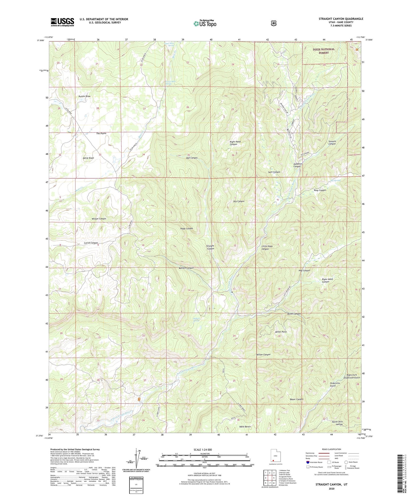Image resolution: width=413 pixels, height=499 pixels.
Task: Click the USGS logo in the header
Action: click(62, 22)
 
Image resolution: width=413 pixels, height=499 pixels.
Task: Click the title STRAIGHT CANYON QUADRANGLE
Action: click(341, 19)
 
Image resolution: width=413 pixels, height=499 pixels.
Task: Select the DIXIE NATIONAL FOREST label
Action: click(323, 51)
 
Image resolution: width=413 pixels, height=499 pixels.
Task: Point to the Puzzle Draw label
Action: click(85, 96)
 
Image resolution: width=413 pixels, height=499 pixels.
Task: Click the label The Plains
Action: click(101, 133)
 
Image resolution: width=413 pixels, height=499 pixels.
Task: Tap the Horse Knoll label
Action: click(88, 158)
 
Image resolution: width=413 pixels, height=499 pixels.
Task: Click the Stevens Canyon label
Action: click(332, 143)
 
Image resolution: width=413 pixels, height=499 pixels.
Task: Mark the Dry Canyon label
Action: click(239, 201)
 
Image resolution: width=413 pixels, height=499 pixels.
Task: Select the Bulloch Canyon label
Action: click(186, 268)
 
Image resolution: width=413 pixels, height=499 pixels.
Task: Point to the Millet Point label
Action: click(281, 332)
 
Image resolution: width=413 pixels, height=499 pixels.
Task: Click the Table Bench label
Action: click(245, 427)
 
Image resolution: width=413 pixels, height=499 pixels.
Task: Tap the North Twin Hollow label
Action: click(337, 423)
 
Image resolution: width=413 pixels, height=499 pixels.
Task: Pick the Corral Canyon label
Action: click(91, 243)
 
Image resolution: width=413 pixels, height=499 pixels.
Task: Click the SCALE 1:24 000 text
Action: click(203, 450)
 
